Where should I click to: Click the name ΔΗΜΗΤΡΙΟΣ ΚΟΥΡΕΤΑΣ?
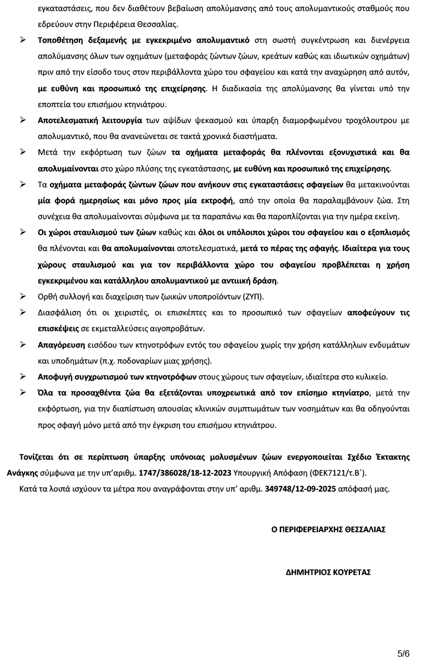328,572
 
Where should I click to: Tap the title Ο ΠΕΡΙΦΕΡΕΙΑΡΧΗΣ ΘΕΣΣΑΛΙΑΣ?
328,529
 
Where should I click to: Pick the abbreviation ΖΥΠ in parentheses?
250,297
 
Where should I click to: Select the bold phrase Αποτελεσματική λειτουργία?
90,120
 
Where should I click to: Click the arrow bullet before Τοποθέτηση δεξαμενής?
24,41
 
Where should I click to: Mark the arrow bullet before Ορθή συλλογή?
24,297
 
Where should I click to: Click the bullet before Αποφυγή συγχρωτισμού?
24,377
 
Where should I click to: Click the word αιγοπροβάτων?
177,328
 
